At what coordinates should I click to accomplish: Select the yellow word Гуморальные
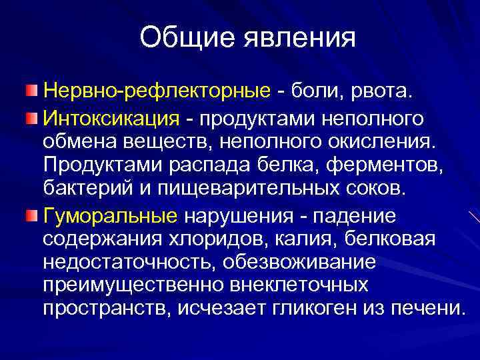coord(111,215)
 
